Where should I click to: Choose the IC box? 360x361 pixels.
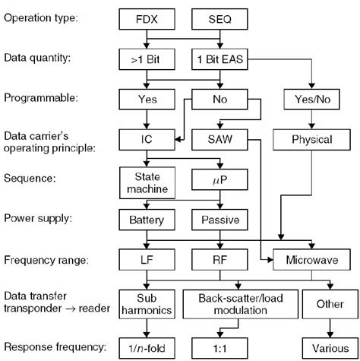[147, 140]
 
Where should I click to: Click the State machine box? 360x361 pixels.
[147, 182]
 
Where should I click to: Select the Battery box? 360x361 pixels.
[147, 220]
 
